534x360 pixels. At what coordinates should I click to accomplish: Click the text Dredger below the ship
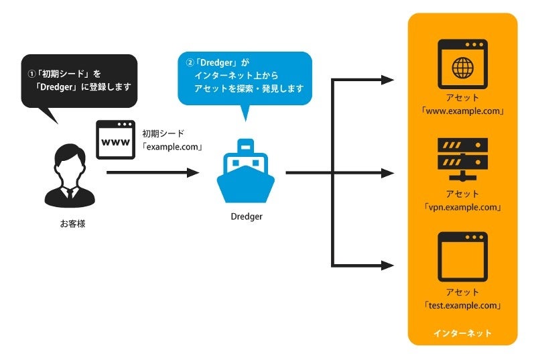click(x=246, y=217)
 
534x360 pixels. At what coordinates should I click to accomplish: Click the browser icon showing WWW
click(x=115, y=139)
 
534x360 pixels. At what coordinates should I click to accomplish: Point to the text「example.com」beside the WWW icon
click(x=172, y=146)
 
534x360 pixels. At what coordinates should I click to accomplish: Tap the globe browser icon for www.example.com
click(x=462, y=64)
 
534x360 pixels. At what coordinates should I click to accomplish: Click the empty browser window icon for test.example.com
click(x=462, y=257)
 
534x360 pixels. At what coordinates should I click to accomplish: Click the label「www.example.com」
click(x=462, y=111)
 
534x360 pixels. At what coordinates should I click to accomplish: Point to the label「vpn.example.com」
click(x=462, y=207)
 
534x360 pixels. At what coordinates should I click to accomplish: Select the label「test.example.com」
click(x=462, y=305)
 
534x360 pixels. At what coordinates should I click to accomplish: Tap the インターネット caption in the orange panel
click(x=462, y=333)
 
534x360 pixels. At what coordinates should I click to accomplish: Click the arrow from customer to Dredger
click(x=153, y=172)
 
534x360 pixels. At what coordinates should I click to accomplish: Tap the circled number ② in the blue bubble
click(x=190, y=63)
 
